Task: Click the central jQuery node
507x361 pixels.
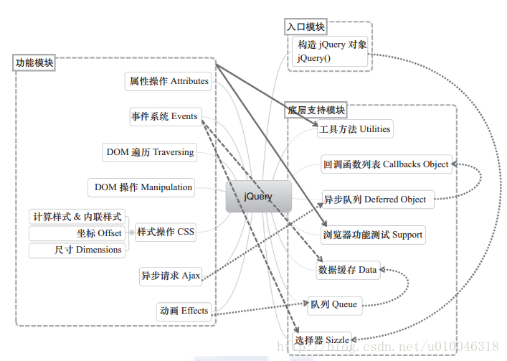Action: (258, 196)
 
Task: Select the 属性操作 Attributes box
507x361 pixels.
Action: (169, 81)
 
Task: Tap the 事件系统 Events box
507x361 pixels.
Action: (164, 116)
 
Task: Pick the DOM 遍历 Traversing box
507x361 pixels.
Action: (150, 152)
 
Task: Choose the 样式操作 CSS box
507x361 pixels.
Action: (165, 232)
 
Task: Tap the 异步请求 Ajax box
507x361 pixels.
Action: (171, 276)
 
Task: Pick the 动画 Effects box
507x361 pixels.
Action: (184, 311)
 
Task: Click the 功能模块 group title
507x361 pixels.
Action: (34, 63)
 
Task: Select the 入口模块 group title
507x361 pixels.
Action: (305, 27)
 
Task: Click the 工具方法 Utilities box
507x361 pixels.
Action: (355, 129)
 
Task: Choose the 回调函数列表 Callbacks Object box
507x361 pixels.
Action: (386, 164)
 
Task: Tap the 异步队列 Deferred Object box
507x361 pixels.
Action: (374, 200)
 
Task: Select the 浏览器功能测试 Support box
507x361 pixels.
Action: (372, 235)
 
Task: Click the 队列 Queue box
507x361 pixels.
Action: (333, 304)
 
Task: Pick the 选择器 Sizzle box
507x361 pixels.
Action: (322, 339)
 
